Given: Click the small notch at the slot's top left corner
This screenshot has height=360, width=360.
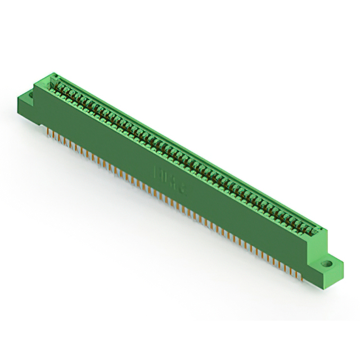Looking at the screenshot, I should [x=55, y=76].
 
